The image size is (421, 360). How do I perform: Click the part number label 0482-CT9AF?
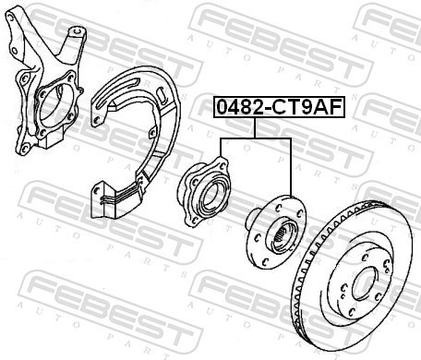tap(280, 107)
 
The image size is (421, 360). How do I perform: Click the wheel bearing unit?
tap(204, 191)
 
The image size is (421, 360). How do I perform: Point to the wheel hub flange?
tap(275, 233)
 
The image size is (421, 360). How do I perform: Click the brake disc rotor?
tap(353, 276)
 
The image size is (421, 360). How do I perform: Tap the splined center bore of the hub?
tap(282, 236)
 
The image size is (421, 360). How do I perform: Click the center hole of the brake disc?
tap(365, 283)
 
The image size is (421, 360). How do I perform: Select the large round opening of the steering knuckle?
tap(56, 105)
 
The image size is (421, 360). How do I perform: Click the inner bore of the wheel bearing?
tap(211, 195)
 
